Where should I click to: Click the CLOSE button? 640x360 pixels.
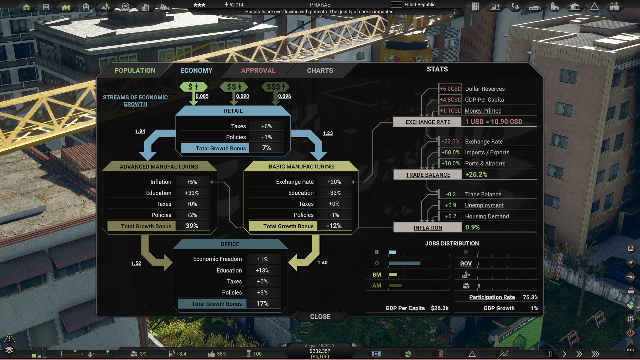coord(320,317)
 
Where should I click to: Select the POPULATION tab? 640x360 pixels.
coord(135,71)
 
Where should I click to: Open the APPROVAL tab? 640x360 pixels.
coord(258,71)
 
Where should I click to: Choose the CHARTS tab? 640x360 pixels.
coord(320,71)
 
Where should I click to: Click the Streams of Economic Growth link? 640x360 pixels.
coord(135,101)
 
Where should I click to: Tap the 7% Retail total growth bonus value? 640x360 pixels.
coord(266,148)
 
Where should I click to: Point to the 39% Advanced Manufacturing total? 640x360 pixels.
coord(192,226)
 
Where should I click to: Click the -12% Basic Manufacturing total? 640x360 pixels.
coord(334,226)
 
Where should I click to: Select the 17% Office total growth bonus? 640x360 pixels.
coord(262,304)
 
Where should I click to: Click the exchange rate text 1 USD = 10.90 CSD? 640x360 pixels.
coord(494,122)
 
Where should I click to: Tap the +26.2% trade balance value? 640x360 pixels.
coord(476,174)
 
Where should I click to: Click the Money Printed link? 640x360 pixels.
coord(483,111)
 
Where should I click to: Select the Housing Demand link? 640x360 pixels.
coord(487,216)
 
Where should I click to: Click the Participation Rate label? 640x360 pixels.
coord(492,297)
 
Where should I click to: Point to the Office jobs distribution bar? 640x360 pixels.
coord(404,263)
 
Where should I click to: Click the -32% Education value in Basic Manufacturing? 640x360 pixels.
coord(334,193)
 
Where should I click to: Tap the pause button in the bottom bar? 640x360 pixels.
coord(551,354)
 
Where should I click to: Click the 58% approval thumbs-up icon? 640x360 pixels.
coord(211,354)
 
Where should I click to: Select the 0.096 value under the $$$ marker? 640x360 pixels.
coord(284,96)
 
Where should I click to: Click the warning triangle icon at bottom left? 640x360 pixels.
coord(9,338)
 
